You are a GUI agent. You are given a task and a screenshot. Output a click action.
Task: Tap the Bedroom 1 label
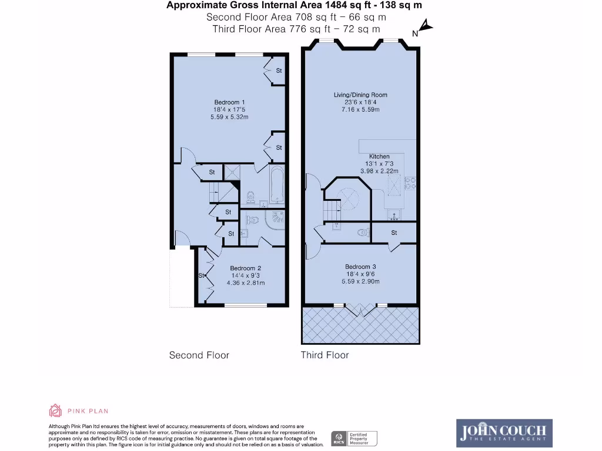point(229,102)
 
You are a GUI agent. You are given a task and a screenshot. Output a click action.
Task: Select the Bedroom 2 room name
point(246,268)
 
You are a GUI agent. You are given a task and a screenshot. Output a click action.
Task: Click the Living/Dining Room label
point(360,95)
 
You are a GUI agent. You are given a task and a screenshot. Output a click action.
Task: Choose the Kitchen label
point(379,156)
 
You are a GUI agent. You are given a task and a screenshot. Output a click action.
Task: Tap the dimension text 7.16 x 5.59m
point(360,109)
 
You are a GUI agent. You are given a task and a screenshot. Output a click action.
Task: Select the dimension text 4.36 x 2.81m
point(246,283)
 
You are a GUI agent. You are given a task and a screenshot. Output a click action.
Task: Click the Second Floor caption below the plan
point(199,355)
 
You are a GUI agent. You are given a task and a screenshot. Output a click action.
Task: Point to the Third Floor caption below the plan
point(325,355)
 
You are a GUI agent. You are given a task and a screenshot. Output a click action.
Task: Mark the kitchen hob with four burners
point(409,183)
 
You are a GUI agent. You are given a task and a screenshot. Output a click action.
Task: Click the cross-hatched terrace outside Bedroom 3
point(360,325)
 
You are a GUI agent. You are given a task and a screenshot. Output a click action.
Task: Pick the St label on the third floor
point(394,233)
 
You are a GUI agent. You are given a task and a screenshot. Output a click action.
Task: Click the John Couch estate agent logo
point(504,432)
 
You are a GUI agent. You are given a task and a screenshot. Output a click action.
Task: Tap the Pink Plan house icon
point(55,410)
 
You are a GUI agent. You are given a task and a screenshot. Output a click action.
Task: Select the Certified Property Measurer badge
point(355,438)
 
